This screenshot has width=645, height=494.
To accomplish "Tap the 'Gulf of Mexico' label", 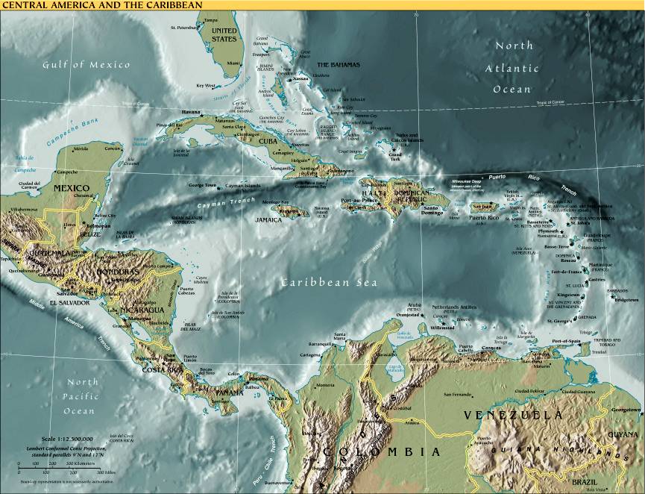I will click(x=86, y=64).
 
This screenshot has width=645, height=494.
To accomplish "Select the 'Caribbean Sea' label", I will click(x=329, y=283).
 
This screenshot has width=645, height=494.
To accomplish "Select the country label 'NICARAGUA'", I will click(x=142, y=310).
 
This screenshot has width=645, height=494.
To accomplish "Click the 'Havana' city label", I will click(x=192, y=112).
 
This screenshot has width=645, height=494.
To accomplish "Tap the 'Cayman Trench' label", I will click(x=221, y=201).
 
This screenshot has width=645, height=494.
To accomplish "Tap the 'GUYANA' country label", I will click(x=623, y=434).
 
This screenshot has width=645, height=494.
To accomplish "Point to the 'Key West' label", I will click(x=206, y=85).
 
